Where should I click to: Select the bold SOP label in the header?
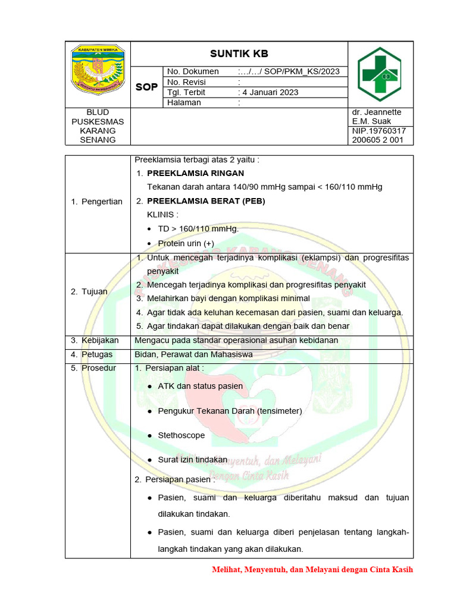click(x=146, y=87)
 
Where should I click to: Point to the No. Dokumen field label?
click(x=193, y=71)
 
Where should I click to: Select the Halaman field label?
click(x=184, y=102)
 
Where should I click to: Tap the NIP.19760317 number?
click(x=379, y=130)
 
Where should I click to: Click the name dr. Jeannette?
click(x=377, y=112)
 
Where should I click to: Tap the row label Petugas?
click(x=96, y=354)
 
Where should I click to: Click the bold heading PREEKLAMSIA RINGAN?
click(x=195, y=173)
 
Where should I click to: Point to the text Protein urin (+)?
click(x=186, y=243)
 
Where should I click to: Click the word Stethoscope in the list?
click(x=181, y=435)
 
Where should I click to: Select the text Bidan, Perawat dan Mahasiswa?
click(x=193, y=354)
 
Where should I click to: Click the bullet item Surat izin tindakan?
click(x=193, y=460)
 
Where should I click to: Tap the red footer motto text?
click(x=312, y=569)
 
